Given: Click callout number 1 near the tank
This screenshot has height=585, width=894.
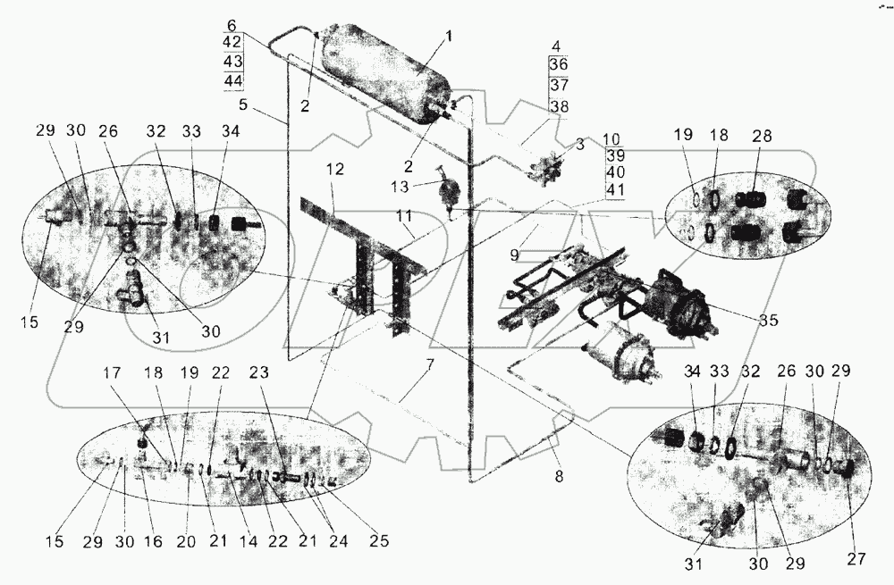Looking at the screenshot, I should tap(450, 37).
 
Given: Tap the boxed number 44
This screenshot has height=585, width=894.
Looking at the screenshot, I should tap(233, 81).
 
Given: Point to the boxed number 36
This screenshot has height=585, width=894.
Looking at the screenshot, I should tap(558, 64).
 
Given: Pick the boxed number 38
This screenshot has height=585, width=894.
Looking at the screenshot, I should tap(558, 105).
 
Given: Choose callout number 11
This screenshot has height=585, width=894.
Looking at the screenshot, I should tap(405, 216).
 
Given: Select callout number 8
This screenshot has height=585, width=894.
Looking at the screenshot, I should tap(559, 477).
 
